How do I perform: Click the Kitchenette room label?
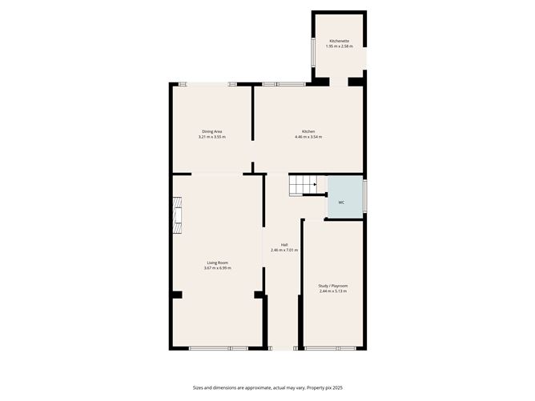point(339,41)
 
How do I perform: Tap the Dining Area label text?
point(212,131)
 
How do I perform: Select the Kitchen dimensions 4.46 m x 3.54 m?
point(308,137)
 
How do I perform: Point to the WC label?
point(341,203)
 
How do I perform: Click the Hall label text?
point(284,245)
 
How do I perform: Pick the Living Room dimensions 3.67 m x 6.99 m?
point(217,268)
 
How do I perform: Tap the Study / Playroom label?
point(333,286)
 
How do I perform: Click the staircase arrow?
point(315,184)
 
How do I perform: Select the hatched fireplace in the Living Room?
point(177,215)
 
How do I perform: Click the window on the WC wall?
point(365,196)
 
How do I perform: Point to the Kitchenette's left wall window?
point(313,53)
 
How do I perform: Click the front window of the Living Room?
point(219,348)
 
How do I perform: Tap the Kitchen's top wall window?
point(284,84)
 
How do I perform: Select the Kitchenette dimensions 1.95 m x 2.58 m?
point(339,46)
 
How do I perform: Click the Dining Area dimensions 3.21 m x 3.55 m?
point(212,137)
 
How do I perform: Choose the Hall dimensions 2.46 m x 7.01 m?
point(284,251)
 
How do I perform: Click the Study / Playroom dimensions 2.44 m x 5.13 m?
point(333,291)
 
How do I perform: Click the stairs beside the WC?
point(304,186)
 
